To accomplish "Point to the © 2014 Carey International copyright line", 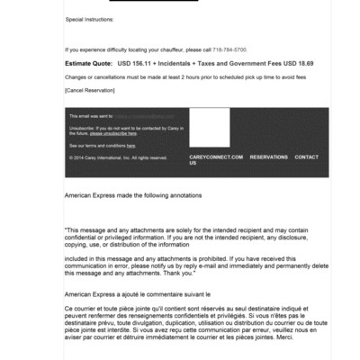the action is tap(118, 157).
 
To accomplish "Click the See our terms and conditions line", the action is tap(103, 145).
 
